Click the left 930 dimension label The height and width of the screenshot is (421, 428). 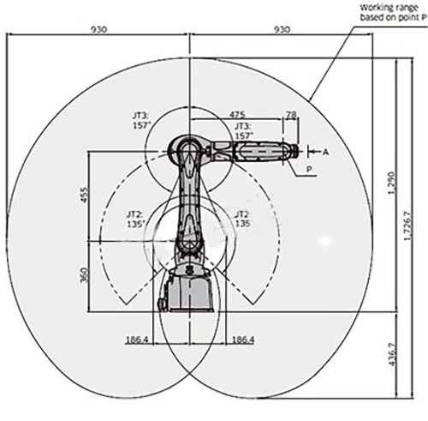tap(98, 29)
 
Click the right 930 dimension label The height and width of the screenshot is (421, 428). tap(282, 29)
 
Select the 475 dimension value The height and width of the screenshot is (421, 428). tap(237, 115)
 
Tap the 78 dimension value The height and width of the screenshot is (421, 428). tap(291, 115)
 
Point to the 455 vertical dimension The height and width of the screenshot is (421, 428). tap(85, 195)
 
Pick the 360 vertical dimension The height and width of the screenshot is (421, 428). tap(84, 274)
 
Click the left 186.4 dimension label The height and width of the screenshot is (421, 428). tap(137, 340)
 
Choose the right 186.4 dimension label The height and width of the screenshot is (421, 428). tap(243, 340)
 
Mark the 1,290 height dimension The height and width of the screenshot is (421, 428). tap(391, 183)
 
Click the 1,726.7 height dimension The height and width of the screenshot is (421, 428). tap(408, 226)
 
